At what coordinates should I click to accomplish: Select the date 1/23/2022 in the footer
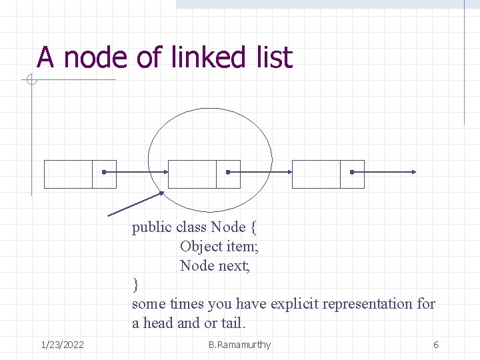[62, 345]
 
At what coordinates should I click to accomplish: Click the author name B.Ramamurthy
[239, 345]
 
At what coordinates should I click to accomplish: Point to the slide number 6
[436, 345]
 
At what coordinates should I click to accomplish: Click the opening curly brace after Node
[253, 227]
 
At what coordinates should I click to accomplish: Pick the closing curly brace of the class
[135, 285]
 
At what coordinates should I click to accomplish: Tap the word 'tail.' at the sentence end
[234, 323]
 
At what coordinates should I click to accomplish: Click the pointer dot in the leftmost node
[104, 173]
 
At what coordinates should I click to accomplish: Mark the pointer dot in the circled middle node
[228, 173]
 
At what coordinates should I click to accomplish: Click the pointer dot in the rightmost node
[352, 173]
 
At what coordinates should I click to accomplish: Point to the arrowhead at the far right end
[415, 173]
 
